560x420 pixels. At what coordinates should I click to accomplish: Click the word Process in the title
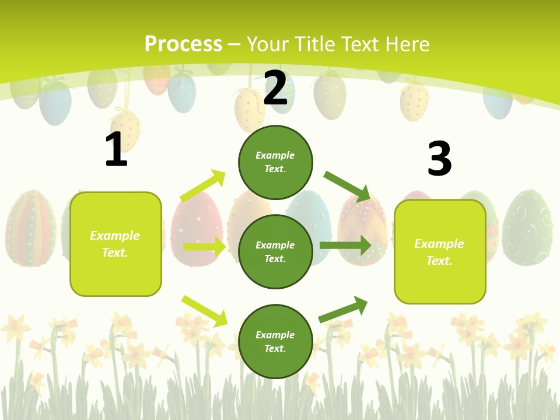(183, 44)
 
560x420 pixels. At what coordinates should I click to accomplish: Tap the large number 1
(116, 150)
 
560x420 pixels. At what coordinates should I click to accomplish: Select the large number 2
(275, 88)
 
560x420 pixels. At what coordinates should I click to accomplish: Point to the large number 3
(439, 159)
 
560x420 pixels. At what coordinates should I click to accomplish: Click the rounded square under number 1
(116, 244)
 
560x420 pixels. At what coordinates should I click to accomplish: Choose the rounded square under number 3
(440, 251)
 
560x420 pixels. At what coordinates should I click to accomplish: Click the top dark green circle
(275, 162)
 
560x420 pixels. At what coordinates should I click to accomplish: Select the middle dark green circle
(275, 251)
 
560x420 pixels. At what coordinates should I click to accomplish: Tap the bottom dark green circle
(275, 341)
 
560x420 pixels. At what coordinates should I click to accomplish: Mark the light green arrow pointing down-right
(204, 311)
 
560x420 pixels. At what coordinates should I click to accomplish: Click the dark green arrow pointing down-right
(346, 186)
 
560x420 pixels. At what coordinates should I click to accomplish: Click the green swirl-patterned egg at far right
(527, 228)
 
